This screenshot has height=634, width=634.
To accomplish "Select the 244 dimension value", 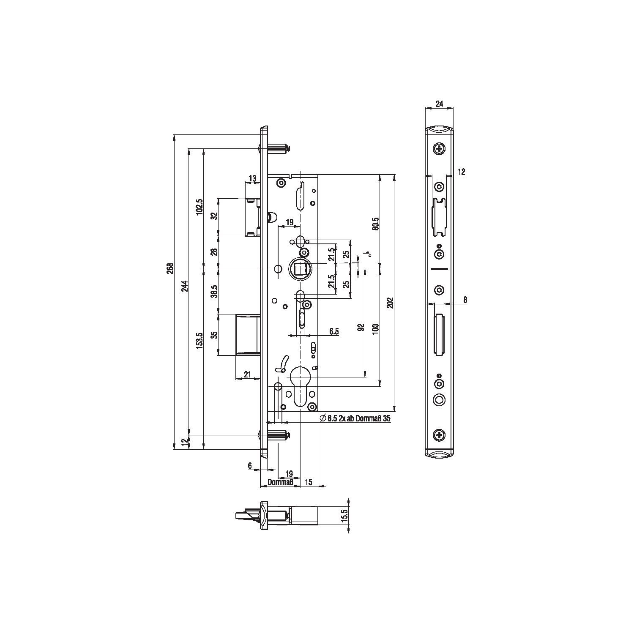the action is click(x=185, y=287).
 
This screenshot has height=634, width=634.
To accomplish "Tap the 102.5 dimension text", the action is click(x=200, y=207).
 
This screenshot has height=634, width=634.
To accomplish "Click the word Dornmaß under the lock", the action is click(x=281, y=483).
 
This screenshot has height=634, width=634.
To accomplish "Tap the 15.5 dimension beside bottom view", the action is click(x=344, y=516).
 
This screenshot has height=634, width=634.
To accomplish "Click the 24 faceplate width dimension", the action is click(x=440, y=104).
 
